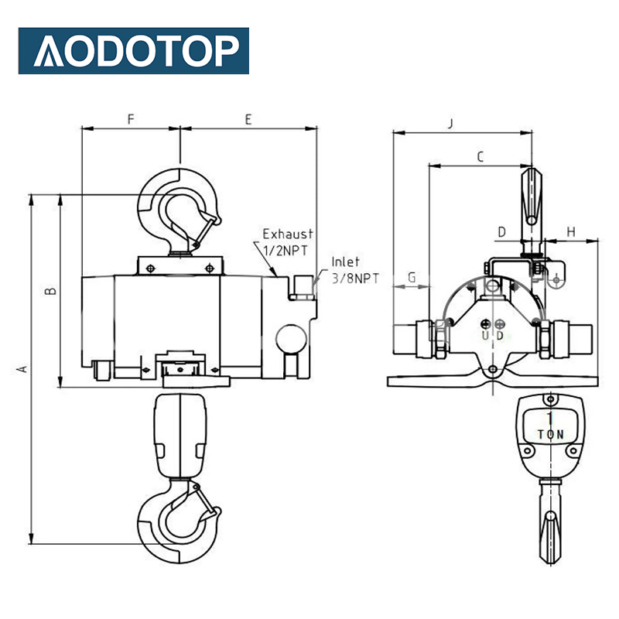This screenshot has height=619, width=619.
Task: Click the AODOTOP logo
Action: pyautogui.click(x=133, y=51)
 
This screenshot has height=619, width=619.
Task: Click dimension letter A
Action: pyautogui.click(x=22, y=369)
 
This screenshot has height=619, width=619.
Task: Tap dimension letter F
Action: pyautogui.click(x=131, y=119)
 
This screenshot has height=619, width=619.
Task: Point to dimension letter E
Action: pyautogui.click(x=248, y=119)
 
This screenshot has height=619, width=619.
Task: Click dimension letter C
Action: pyautogui.click(x=480, y=157)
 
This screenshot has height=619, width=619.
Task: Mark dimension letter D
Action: pyautogui.click(x=501, y=231)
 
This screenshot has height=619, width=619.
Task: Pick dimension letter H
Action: pyautogui.click(x=571, y=231)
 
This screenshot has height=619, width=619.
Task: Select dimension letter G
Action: pyautogui.click(x=412, y=276)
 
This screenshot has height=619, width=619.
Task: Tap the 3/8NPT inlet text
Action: pyautogui.click(x=355, y=278)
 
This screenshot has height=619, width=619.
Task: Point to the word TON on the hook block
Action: pyautogui.click(x=550, y=436)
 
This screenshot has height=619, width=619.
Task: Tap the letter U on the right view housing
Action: pyautogui.click(x=484, y=336)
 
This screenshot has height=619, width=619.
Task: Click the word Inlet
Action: pyautogui.click(x=346, y=262)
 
